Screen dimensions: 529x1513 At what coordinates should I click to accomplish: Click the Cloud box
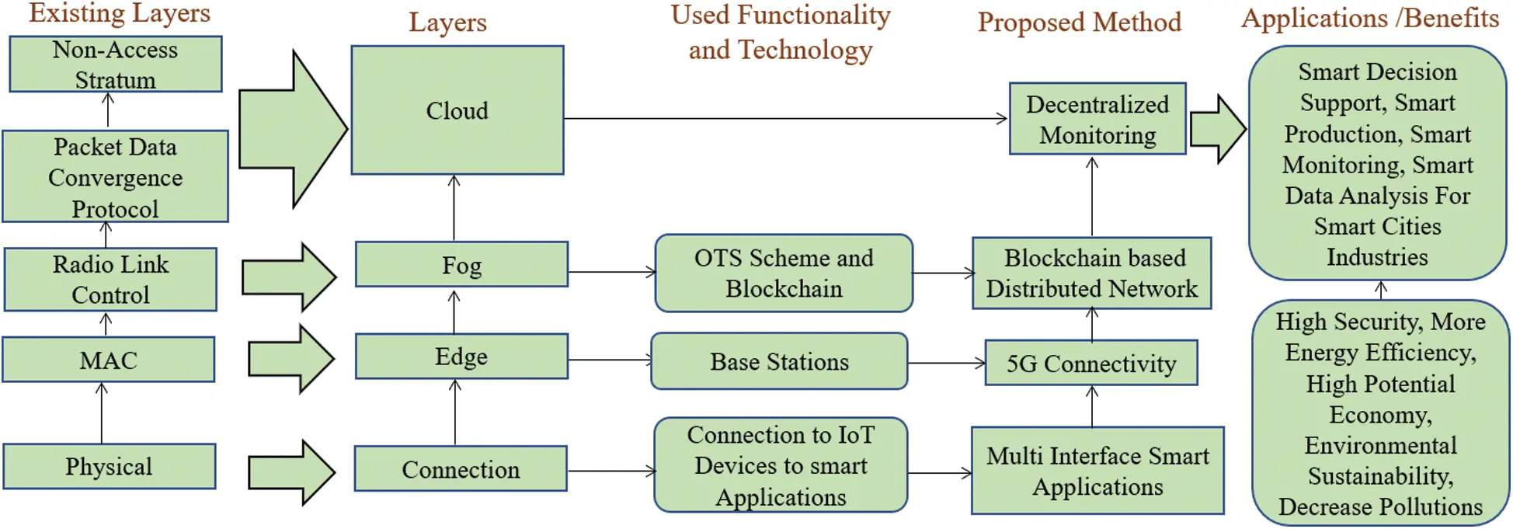(457, 110)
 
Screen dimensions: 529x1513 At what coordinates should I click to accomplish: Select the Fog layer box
(461, 265)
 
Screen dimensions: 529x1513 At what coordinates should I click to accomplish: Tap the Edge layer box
(461, 357)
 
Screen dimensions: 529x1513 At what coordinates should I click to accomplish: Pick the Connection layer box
(461, 469)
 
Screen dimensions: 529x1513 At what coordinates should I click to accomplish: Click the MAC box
(108, 360)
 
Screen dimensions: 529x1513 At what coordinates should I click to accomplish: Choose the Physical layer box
(109, 466)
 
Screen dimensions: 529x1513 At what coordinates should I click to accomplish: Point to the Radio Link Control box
(110, 280)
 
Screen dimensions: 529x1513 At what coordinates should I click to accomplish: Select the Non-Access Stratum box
(115, 64)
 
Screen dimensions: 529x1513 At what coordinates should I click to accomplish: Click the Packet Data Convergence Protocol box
(115, 177)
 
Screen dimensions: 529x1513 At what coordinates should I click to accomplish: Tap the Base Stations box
(779, 361)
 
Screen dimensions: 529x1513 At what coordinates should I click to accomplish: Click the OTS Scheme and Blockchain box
(784, 273)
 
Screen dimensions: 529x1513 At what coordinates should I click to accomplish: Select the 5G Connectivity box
(1090, 363)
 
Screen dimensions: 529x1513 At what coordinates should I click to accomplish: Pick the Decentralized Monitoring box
(1097, 120)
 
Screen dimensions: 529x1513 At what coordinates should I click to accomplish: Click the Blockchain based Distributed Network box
(1091, 273)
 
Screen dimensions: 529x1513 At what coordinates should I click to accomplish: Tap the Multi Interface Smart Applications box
(1097, 471)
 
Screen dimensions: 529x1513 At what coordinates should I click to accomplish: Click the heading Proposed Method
(1079, 22)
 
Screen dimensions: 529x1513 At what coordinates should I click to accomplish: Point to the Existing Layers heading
(120, 13)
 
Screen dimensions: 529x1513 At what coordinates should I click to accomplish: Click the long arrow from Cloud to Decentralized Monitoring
(784, 119)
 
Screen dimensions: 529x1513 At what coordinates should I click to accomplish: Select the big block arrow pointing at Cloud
(291, 129)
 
